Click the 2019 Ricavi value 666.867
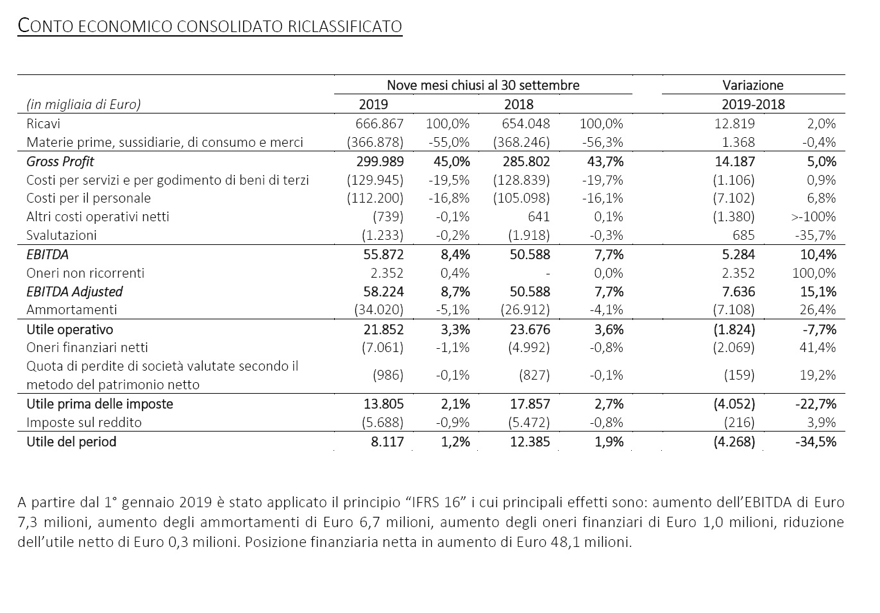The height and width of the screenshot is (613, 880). click(x=380, y=124)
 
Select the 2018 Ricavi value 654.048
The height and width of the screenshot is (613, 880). click(x=526, y=124)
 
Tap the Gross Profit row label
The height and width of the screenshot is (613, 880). click(x=60, y=162)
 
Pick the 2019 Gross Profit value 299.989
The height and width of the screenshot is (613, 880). click(x=380, y=162)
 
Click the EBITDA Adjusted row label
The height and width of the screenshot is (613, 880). click(x=74, y=291)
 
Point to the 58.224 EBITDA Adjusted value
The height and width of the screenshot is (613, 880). click(x=383, y=291)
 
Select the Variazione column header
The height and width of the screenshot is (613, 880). click(x=753, y=85)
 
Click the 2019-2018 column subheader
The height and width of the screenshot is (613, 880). click(x=753, y=105)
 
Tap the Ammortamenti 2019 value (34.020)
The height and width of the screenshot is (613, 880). click(x=378, y=310)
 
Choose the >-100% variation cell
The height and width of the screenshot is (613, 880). click(x=813, y=217)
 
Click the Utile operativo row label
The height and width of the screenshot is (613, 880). click(x=69, y=330)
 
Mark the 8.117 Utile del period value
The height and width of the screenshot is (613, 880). click(x=387, y=442)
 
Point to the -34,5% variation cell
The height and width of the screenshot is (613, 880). click(x=816, y=442)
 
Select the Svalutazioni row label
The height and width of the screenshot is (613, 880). click(x=62, y=235)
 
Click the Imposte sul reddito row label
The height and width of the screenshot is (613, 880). click(x=83, y=423)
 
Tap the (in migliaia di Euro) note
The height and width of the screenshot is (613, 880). click(x=83, y=105)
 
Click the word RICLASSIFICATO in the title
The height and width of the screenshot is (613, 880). click(x=345, y=26)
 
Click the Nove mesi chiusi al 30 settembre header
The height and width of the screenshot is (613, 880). click(x=483, y=85)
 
